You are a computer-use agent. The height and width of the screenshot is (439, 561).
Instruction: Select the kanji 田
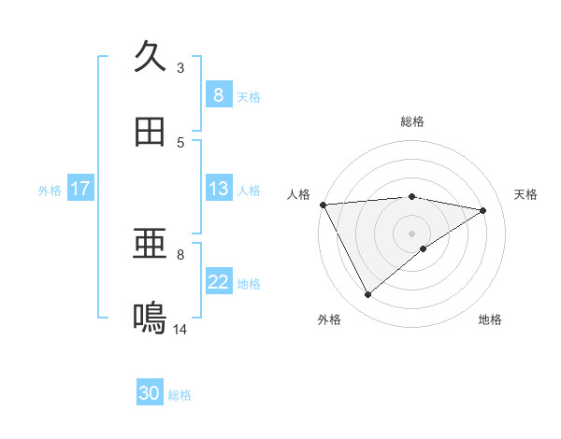coord(150,132)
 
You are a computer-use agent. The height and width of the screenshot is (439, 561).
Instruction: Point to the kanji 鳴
coord(150,319)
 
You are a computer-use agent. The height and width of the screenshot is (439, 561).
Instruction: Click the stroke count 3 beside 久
coord(180,67)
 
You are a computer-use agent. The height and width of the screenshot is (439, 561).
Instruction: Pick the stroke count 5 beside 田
coord(180,142)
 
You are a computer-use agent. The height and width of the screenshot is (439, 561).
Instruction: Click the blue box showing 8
coord(218,95)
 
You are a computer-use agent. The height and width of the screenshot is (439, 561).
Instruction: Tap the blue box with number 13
coord(218,189)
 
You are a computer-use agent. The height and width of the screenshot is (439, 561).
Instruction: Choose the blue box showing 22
coord(218,282)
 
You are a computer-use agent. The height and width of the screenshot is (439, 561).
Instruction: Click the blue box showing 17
coord(79,189)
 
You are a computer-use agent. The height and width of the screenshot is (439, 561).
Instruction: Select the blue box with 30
coord(150,394)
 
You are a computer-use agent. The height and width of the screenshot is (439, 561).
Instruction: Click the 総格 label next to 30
coord(180,395)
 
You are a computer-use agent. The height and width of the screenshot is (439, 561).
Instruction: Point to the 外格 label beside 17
coord(50,190)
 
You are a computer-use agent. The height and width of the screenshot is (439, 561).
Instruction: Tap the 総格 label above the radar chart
coord(412,121)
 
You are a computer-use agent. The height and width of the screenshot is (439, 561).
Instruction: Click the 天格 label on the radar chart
coord(526,194)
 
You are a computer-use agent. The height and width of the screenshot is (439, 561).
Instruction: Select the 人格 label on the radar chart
coord(298,194)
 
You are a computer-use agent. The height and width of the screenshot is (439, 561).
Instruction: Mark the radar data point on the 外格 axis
coord(368,295)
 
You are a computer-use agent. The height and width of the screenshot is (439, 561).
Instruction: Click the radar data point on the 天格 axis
coord(483,210)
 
